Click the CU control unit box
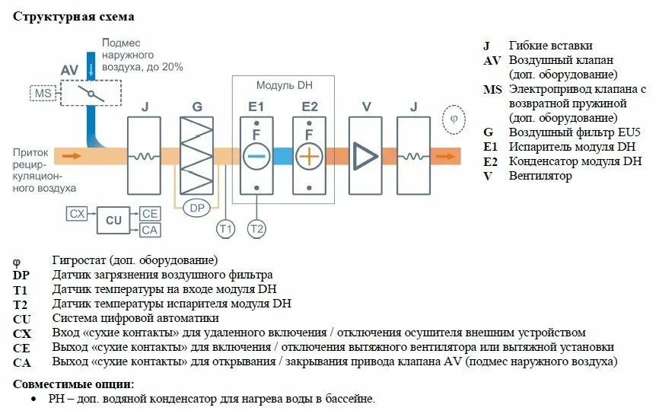pos(113,221)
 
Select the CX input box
pos(78,214)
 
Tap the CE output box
pos(150,214)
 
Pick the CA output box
pos(150,229)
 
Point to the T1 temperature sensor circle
pos(225,228)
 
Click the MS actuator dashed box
pos(42,94)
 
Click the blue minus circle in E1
pos(257,156)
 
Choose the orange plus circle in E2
pos(310,156)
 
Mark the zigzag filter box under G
pos(197,155)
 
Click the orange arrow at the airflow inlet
pos(71,156)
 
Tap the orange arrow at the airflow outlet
pos(449,156)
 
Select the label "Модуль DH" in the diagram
pos(284,86)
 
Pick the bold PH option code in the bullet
pos(56,398)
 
